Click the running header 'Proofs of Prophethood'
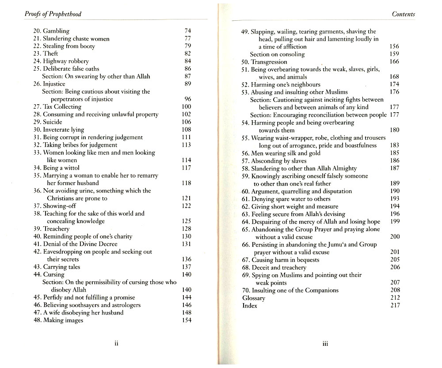[x=53, y=14]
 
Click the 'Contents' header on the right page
[x=403, y=14]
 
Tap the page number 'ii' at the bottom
[x=116, y=344]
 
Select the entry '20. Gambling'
[x=51, y=31]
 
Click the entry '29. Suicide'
[x=47, y=122]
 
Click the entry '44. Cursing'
[x=49, y=274]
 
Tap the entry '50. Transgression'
[x=264, y=62]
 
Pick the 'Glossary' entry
[x=254, y=298]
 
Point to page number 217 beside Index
[x=395, y=306]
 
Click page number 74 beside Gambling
[x=187, y=31]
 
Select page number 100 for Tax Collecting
[x=186, y=106]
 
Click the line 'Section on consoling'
[x=277, y=54]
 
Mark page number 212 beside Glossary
[x=395, y=298]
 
